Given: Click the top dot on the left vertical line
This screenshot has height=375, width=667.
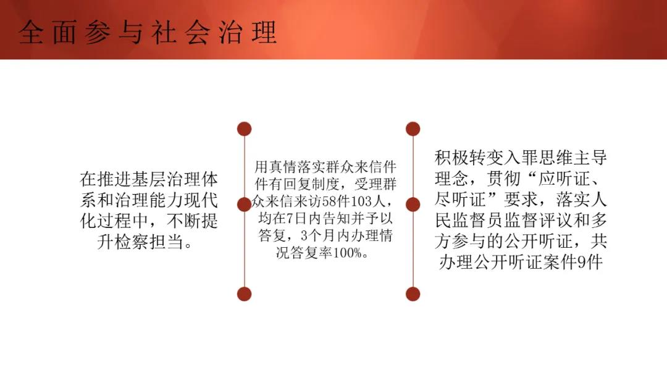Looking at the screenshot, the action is pos(244,129).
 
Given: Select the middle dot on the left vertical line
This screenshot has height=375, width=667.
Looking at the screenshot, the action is pos(244,204).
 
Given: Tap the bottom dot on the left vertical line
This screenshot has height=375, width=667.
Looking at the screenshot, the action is pos(244,294).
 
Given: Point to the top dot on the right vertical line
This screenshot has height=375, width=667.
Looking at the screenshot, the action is pos(413,129).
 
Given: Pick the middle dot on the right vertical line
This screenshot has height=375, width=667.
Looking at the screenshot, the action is pos(413,204).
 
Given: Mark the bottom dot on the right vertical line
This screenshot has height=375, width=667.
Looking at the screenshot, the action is pos(413,294).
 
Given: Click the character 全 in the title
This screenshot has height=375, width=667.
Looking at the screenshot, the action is pos(31,32).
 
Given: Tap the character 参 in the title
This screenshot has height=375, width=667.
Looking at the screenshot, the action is pos(98,32).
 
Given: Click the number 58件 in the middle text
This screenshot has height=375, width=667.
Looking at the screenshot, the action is pos(336,201).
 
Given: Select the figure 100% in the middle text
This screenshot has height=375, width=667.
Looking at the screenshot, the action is pos(347,253).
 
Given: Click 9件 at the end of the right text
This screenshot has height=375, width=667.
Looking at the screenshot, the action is pos(590,262).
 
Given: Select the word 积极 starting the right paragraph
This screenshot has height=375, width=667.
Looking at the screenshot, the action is pos(451,158).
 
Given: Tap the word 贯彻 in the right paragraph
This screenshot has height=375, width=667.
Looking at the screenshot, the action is pos(503,179).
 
